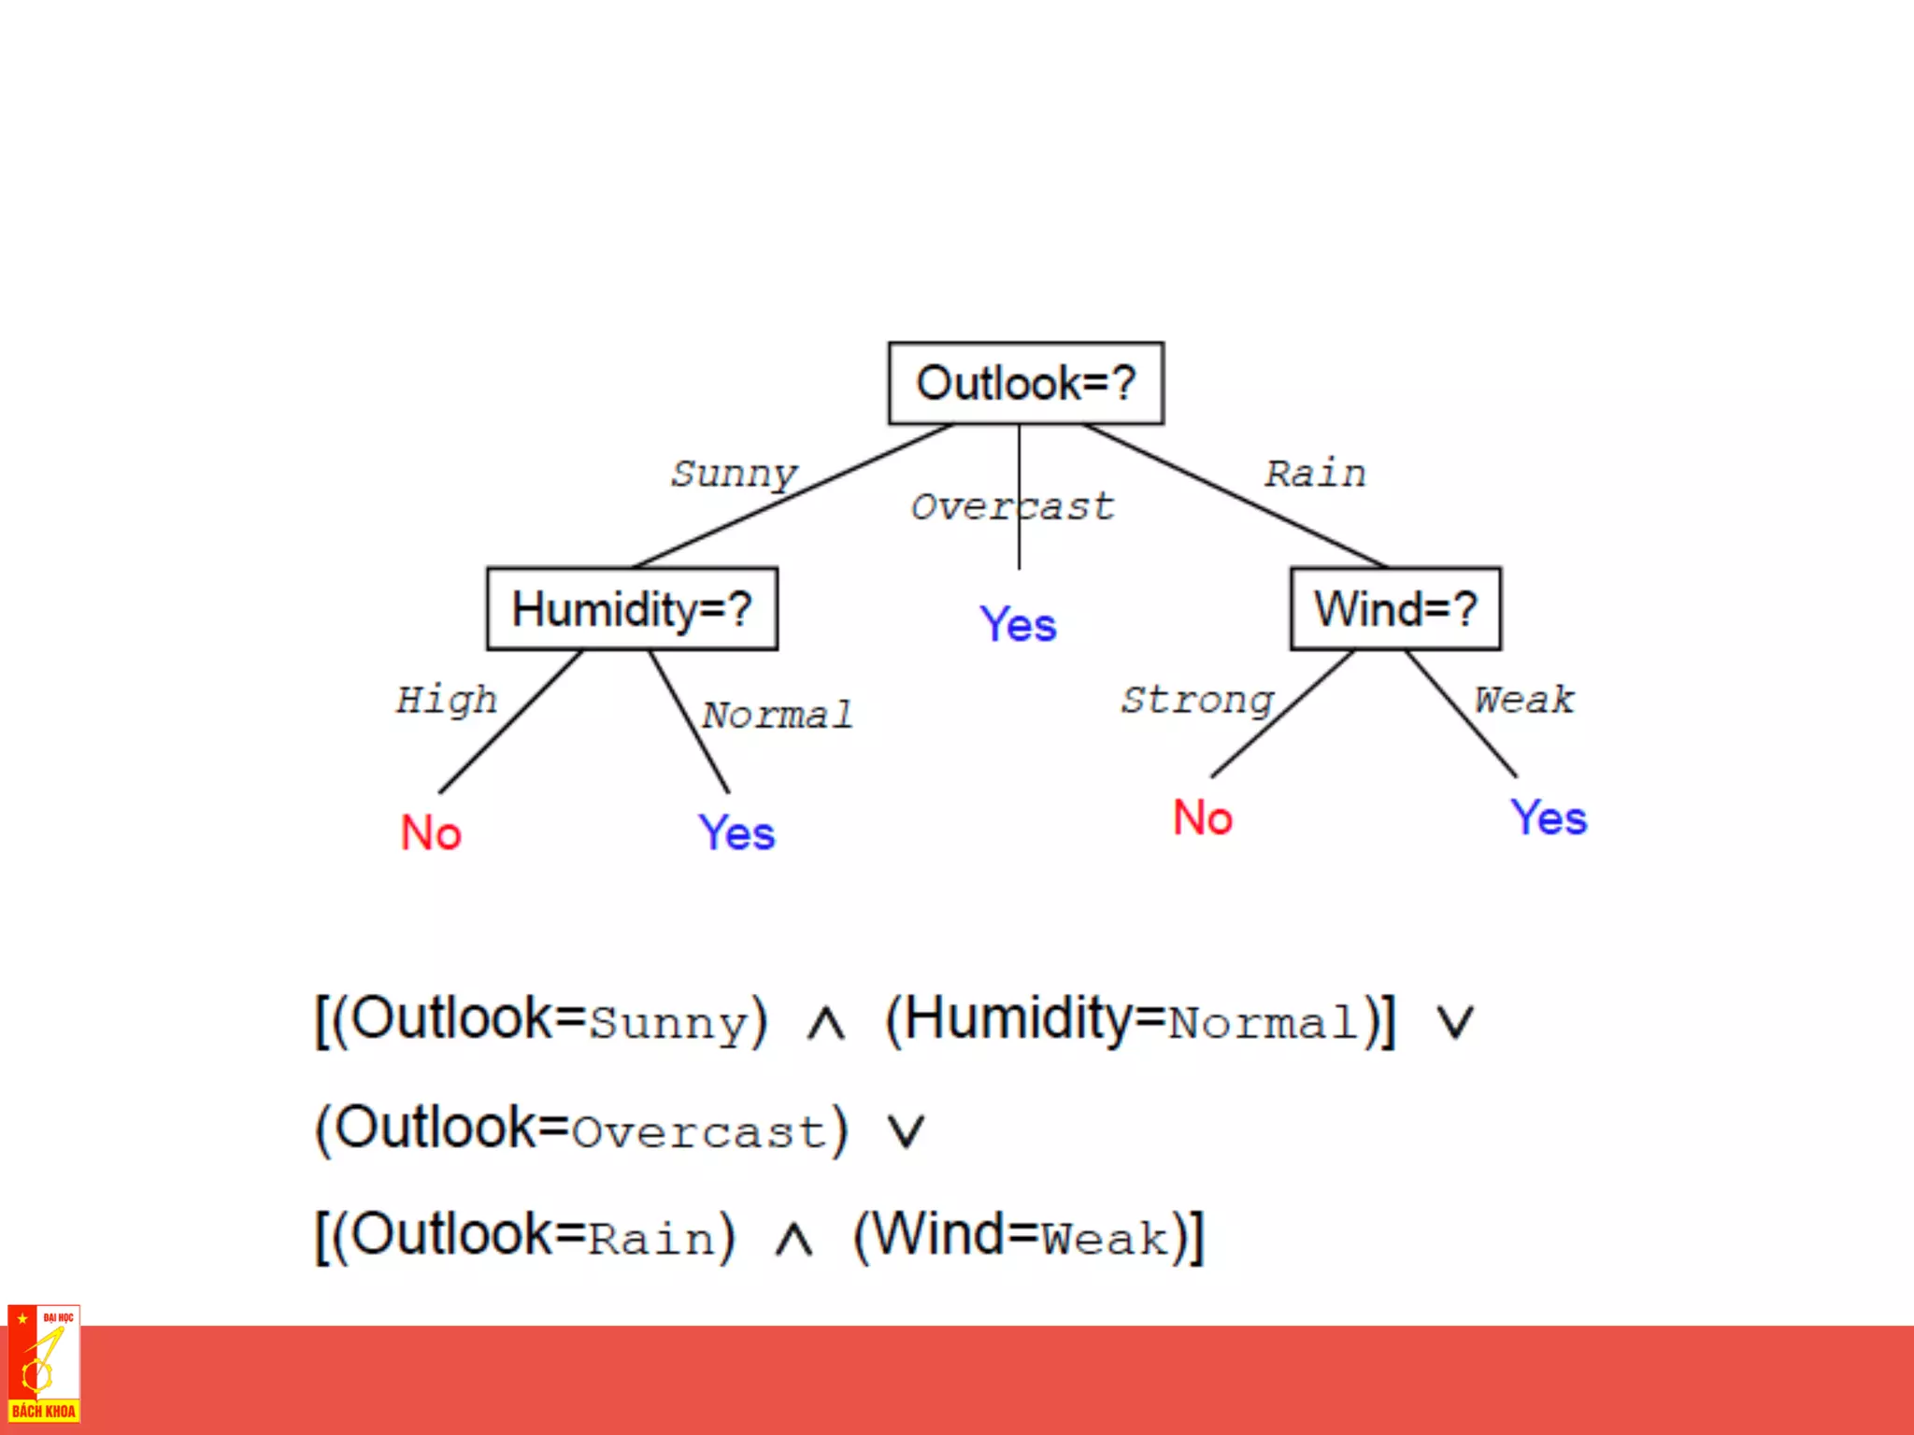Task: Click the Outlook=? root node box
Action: [1025, 383]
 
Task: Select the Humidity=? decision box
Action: [632, 609]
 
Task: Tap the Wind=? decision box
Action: [1395, 609]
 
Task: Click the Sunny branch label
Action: [735, 474]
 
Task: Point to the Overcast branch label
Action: [1012, 506]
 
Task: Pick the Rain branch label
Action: [1315, 474]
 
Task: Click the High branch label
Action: [447, 700]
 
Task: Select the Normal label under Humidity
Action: [777, 715]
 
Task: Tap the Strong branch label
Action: [1197, 700]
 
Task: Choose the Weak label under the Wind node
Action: [1524, 700]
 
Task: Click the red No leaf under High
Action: [431, 832]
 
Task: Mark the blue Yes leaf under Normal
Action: [736, 832]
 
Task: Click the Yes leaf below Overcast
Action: [1018, 624]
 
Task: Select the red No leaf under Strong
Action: [1203, 817]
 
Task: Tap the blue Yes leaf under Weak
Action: [1549, 817]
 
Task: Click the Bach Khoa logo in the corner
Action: [44, 1364]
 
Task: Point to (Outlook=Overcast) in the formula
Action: [581, 1129]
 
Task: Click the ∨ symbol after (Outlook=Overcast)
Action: [906, 1131]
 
